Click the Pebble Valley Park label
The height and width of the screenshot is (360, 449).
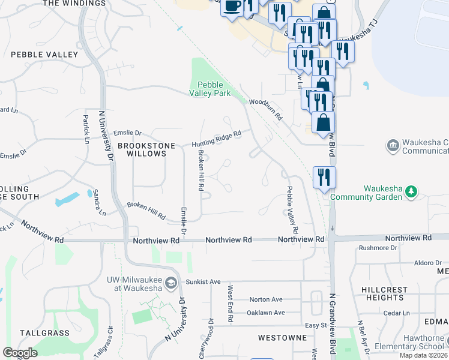pos(209,88)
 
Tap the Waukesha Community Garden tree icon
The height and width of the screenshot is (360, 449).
pos(411,191)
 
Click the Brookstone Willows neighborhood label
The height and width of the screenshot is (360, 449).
pos(142,149)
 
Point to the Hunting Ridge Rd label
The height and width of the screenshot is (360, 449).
pos(216,139)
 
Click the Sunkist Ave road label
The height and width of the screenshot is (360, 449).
pos(204,281)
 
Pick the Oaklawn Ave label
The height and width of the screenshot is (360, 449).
pos(265,313)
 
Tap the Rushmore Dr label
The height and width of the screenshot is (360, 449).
pos(378,247)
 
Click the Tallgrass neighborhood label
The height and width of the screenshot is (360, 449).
pos(44,332)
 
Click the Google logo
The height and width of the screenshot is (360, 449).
pos(20,353)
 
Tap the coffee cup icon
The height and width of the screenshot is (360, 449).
pos(232,6)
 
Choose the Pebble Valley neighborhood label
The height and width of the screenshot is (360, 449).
pos(44,55)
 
